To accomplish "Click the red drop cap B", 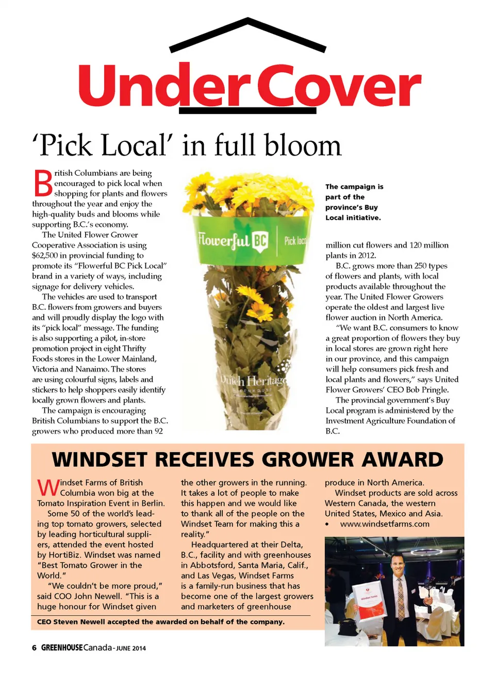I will pos(43,183).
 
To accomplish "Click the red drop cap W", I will pos(47,487).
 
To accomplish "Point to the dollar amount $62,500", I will pos(47,255).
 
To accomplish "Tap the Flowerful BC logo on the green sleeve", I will pos(233,240).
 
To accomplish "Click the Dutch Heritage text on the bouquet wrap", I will pos(253,382).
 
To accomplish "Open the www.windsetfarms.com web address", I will pos(385,524).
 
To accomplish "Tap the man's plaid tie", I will pos(401,598).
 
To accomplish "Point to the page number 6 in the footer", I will pos(34,648).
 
